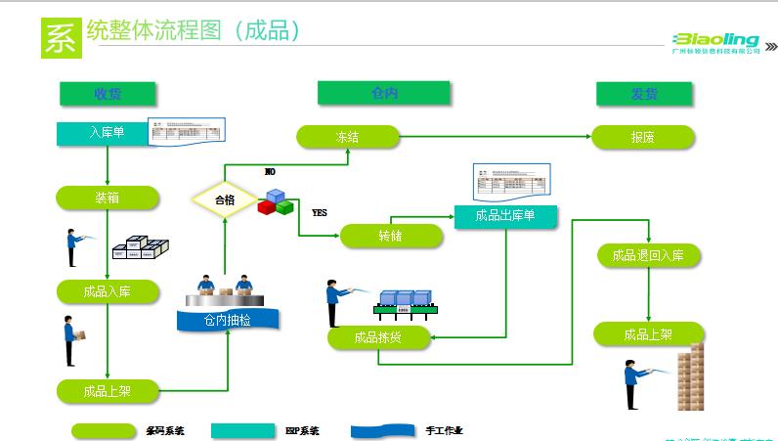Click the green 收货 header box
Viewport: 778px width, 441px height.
click(107, 93)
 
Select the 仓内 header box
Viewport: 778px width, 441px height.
click(383, 93)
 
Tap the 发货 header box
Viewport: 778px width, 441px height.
click(644, 94)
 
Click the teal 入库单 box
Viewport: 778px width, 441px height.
click(103, 132)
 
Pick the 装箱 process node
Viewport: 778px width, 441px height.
click(107, 198)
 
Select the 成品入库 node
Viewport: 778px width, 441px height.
click(107, 290)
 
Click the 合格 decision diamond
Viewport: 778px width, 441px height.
click(225, 199)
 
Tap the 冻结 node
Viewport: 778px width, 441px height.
click(347, 137)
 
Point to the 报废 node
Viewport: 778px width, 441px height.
click(642, 138)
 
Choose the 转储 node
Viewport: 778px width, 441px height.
click(390, 236)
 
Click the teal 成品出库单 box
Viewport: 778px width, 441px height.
click(504, 216)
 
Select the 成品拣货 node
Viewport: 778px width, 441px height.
click(377, 338)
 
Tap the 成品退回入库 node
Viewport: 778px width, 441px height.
click(648, 256)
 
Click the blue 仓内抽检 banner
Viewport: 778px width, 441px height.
click(227, 319)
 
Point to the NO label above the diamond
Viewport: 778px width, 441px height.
click(270, 171)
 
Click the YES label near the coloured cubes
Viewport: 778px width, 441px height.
click(320, 211)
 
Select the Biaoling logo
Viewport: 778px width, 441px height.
click(715, 42)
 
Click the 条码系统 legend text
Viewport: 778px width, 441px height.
click(165, 430)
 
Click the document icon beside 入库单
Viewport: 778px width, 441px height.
click(186, 131)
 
